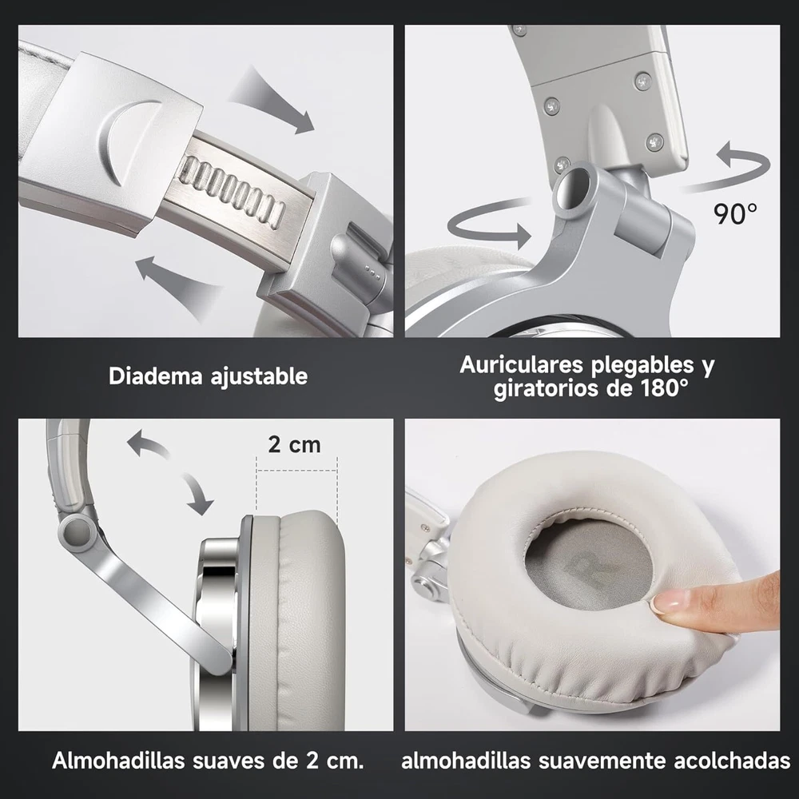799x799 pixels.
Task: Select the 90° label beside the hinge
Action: point(735,214)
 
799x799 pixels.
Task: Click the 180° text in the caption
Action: point(662,388)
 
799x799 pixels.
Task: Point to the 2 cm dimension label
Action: point(295,445)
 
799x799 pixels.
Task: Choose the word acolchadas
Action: point(732,761)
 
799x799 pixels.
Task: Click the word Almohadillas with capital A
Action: point(118,761)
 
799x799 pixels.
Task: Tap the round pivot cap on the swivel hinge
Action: point(573,189)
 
